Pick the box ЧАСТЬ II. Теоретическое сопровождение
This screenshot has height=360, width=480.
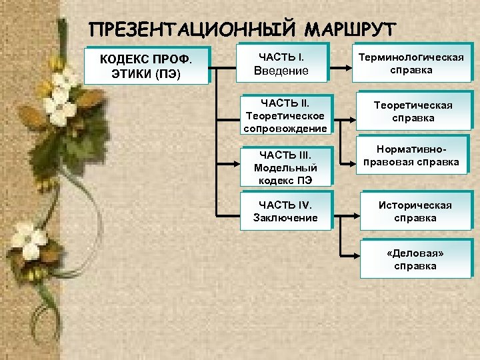click(x=285, y=115)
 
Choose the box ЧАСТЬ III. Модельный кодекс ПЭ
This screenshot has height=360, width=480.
click(x=285, y=166)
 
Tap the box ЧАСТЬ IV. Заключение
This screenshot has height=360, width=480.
click(x=285, y=211)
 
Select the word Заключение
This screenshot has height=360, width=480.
click(x=285, y=218)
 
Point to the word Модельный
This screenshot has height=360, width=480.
click(x=285, y=167)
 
